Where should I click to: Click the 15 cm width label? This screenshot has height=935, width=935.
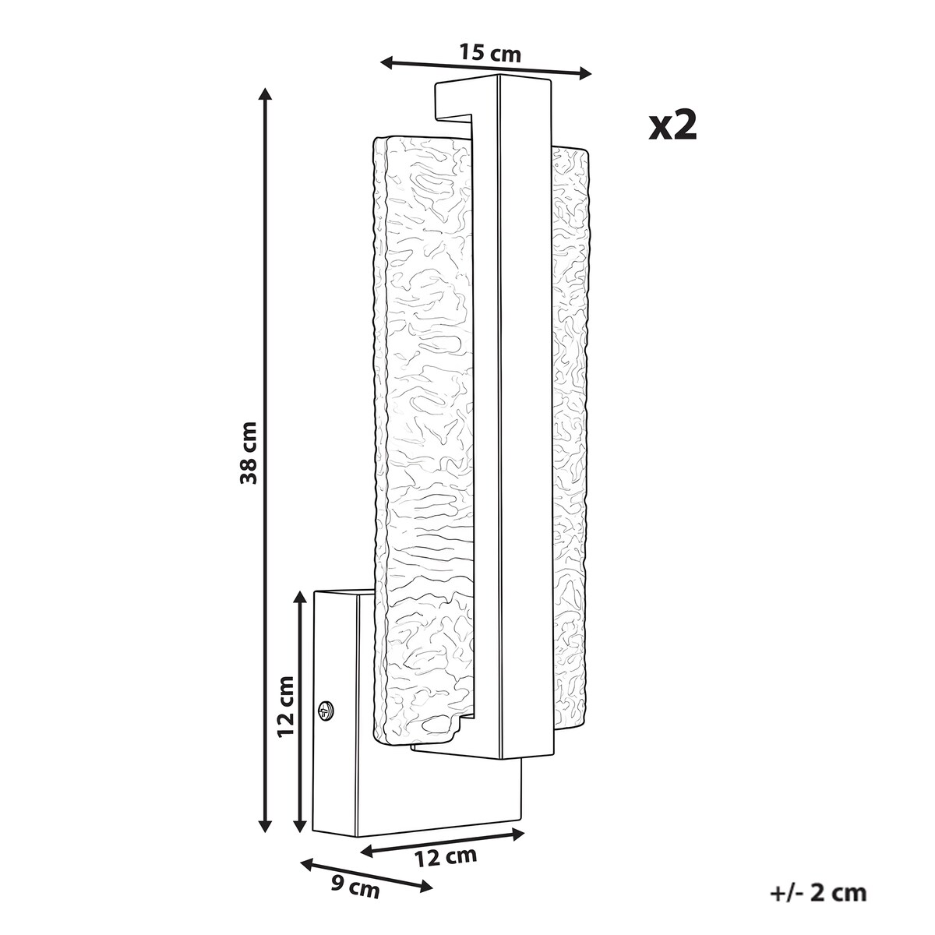coord(489,52)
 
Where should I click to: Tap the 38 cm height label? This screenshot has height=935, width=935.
coord(250,452)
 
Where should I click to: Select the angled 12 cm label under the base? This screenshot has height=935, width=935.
coord(446,857)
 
